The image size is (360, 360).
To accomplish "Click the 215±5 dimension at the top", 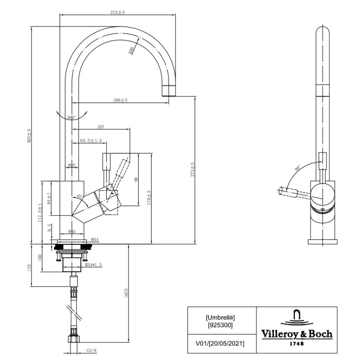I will click(117, 12).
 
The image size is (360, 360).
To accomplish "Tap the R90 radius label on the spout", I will click(132, 51).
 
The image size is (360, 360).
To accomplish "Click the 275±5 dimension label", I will click(192, 170).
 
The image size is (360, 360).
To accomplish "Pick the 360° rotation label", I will click(71, 117).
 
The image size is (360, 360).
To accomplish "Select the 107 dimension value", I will click(100, 127).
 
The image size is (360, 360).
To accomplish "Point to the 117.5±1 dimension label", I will click(40, 212).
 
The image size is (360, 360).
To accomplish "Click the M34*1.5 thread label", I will click(93, 265).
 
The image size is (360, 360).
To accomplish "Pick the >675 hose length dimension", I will click(126, 294).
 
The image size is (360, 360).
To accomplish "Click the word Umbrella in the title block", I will click(220, 317).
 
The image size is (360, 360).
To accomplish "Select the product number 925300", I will click(220, 324).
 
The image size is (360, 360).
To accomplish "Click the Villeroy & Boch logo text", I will click(297, 334).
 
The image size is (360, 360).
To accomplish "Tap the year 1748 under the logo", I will click(297, 344).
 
